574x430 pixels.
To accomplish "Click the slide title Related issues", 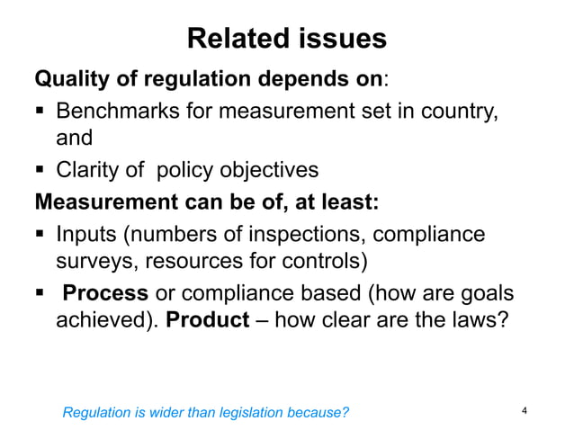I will [x=286, y=39].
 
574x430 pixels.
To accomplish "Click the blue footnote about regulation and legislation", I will [x=205, y=413].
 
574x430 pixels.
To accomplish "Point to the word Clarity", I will [x=88, y=171].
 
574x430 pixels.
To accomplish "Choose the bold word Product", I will [x=208, y=322].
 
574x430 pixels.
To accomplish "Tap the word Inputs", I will [x=86, y=234].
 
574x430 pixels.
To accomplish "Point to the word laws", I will [x=469, y=322].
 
